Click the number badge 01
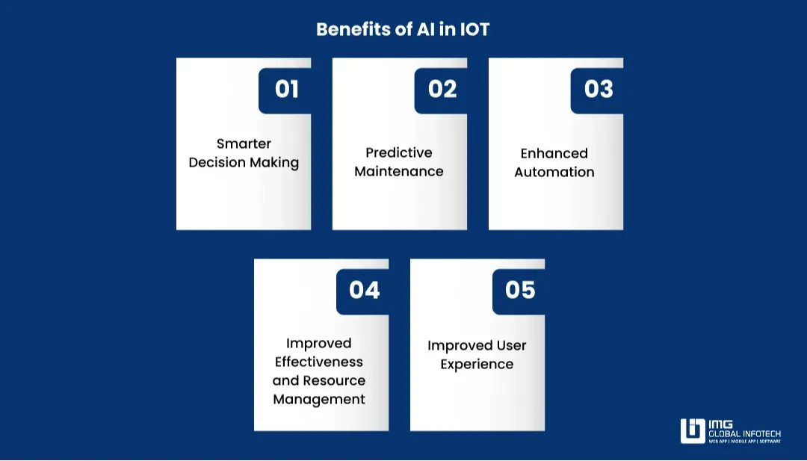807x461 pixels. tap(286, 90)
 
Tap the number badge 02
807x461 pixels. tap(442, 90)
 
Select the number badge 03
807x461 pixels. tap(599, 90)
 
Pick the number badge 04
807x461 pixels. tap(364, 290)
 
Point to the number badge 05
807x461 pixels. tap(520, 290)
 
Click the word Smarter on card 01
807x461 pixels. tap(244, 143)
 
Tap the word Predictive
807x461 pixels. tap(399, 152)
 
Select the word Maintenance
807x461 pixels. tap(399, 171)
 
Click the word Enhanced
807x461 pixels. tap(554, 153)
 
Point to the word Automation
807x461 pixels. tap(554, 172)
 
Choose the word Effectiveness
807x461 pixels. tap(319, 362)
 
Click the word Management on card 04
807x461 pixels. tap(319, 399)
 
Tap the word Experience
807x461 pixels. tap(477, 364)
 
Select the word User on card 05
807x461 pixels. tap(509, 345)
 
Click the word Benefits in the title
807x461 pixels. tap(348, 29)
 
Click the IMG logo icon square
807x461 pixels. tap(693, 431)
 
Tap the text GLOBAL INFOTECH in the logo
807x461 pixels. tap(744, 433)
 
